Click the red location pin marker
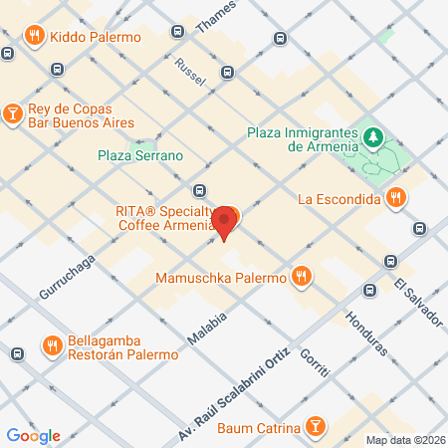(226, 221)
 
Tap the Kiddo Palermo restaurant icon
(34, 36)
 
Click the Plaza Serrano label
(140, 155)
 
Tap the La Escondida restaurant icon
(396, 197)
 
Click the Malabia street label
(208, 330)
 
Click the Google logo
(33, 435)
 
